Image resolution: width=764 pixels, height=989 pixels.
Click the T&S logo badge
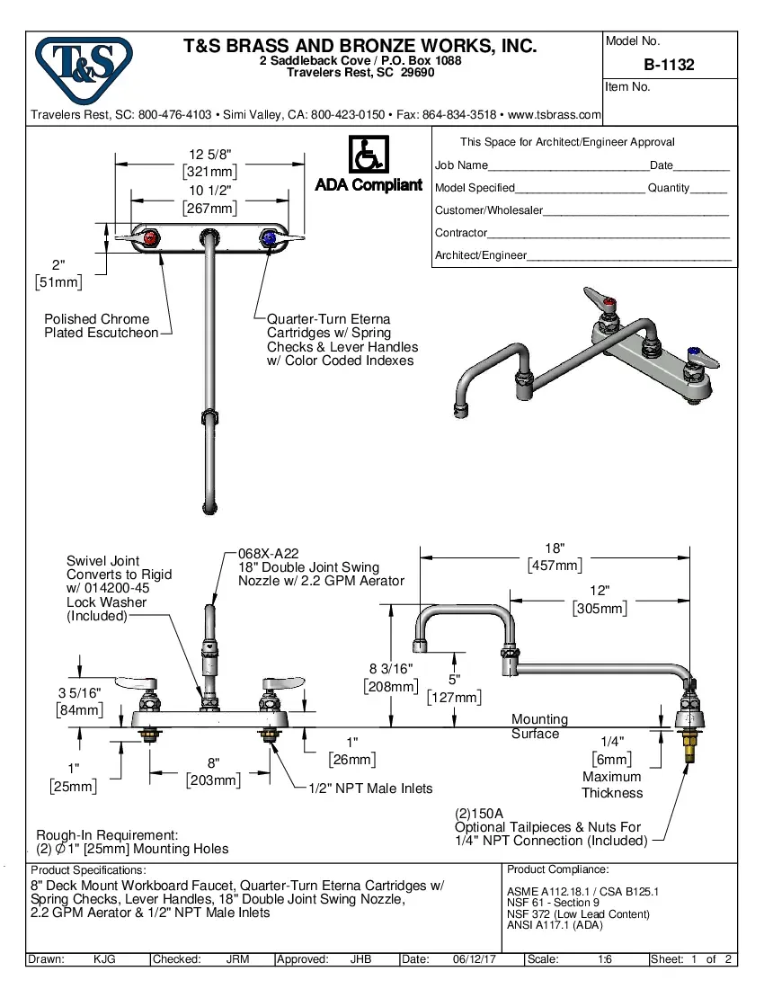(83, 68)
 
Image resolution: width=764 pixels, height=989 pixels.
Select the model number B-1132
(669, 65)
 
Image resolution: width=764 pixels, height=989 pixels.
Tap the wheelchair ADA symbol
(368, 155)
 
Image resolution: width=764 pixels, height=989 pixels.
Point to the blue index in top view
(268, 237)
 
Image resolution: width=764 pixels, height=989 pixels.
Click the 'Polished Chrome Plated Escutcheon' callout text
(101, 325)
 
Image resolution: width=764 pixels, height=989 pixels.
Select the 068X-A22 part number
(268, 554)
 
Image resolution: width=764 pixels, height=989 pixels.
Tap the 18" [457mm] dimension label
(555, 556)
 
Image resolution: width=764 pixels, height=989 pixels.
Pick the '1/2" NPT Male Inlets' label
(370, 789)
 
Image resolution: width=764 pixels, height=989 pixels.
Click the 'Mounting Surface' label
(539, 726)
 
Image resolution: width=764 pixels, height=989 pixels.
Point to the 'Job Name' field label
(461, 165)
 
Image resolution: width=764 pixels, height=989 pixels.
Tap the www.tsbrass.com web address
(555, 115)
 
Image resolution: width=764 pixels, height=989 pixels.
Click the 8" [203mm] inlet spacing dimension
(213, 771)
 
